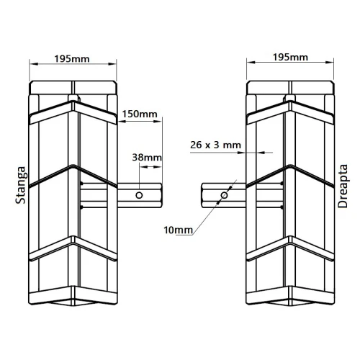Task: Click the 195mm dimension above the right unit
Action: tap(290, 58)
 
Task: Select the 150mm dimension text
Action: tap(140, 114)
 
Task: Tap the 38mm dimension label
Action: tap(147, 157)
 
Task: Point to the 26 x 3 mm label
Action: tap(216, 144)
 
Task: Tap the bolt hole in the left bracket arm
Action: tap(140, 195)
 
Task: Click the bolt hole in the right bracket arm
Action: tap(224, 195)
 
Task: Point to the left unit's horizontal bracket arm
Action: tap(122, 195)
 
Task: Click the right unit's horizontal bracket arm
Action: tap(223, 195)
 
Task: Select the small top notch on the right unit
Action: tap(289, 98)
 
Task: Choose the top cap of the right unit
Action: tap(289, 88)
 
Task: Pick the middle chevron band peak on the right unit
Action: tap(289, 168)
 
